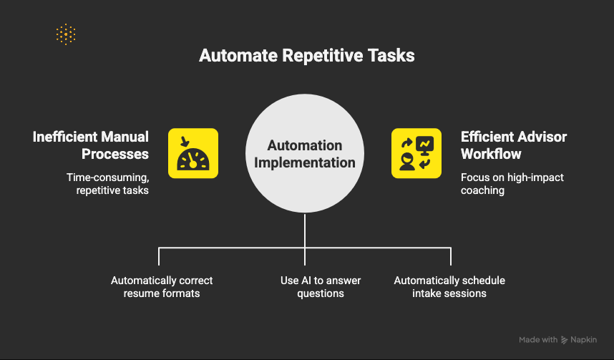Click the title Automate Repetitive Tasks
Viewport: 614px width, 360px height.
click(x=306, y=56)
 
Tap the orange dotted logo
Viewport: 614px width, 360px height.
click(x=66, y=34)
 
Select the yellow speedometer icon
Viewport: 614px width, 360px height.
click(x=193, y=153)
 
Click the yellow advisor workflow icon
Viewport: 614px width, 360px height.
click(x=416, y=153)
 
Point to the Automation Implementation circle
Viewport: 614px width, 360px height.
click(x=305, y=153)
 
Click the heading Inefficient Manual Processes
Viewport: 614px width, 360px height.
click(x=90, y=145)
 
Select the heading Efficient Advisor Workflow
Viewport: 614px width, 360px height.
click(x=514, y=145)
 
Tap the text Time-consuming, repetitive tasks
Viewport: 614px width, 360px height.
click(x=107, y=184)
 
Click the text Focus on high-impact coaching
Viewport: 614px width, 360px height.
click(x=512, y=184)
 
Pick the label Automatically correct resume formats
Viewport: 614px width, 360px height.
click(x=162, y=287)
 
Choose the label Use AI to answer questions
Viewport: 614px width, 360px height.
click(x=321, y=287)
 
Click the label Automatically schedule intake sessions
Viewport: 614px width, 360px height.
click(x=449, y=287)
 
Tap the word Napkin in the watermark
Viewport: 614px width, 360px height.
click(x=583, y=340)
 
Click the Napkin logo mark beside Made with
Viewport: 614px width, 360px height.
click(x=565, y=340)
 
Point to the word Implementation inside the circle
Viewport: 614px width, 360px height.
click(x=305, y=162)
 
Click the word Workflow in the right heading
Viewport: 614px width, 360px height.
click(x=491, y=154)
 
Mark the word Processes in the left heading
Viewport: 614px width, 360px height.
click(x=115, y=154)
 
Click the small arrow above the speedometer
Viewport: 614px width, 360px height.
click(x=185, y=142)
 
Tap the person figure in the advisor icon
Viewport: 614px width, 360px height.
click(x=407, y=162)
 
